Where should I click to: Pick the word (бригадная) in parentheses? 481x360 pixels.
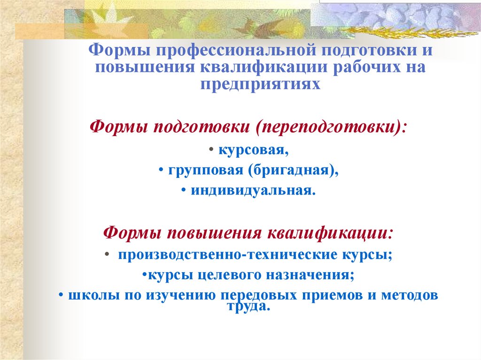click(291, 171)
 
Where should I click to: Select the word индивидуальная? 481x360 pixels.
click(251, 191)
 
